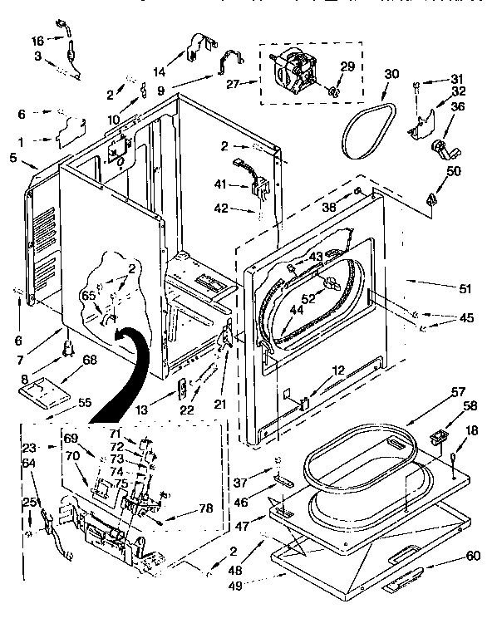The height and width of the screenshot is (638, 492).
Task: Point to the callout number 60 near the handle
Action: click(x=473, y=557)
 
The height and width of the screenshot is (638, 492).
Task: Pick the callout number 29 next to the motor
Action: click(x=348, y=66)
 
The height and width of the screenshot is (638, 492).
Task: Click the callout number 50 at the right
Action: click(x=453, y=170)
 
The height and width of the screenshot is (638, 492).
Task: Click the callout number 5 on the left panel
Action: click(x=13, y=155)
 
